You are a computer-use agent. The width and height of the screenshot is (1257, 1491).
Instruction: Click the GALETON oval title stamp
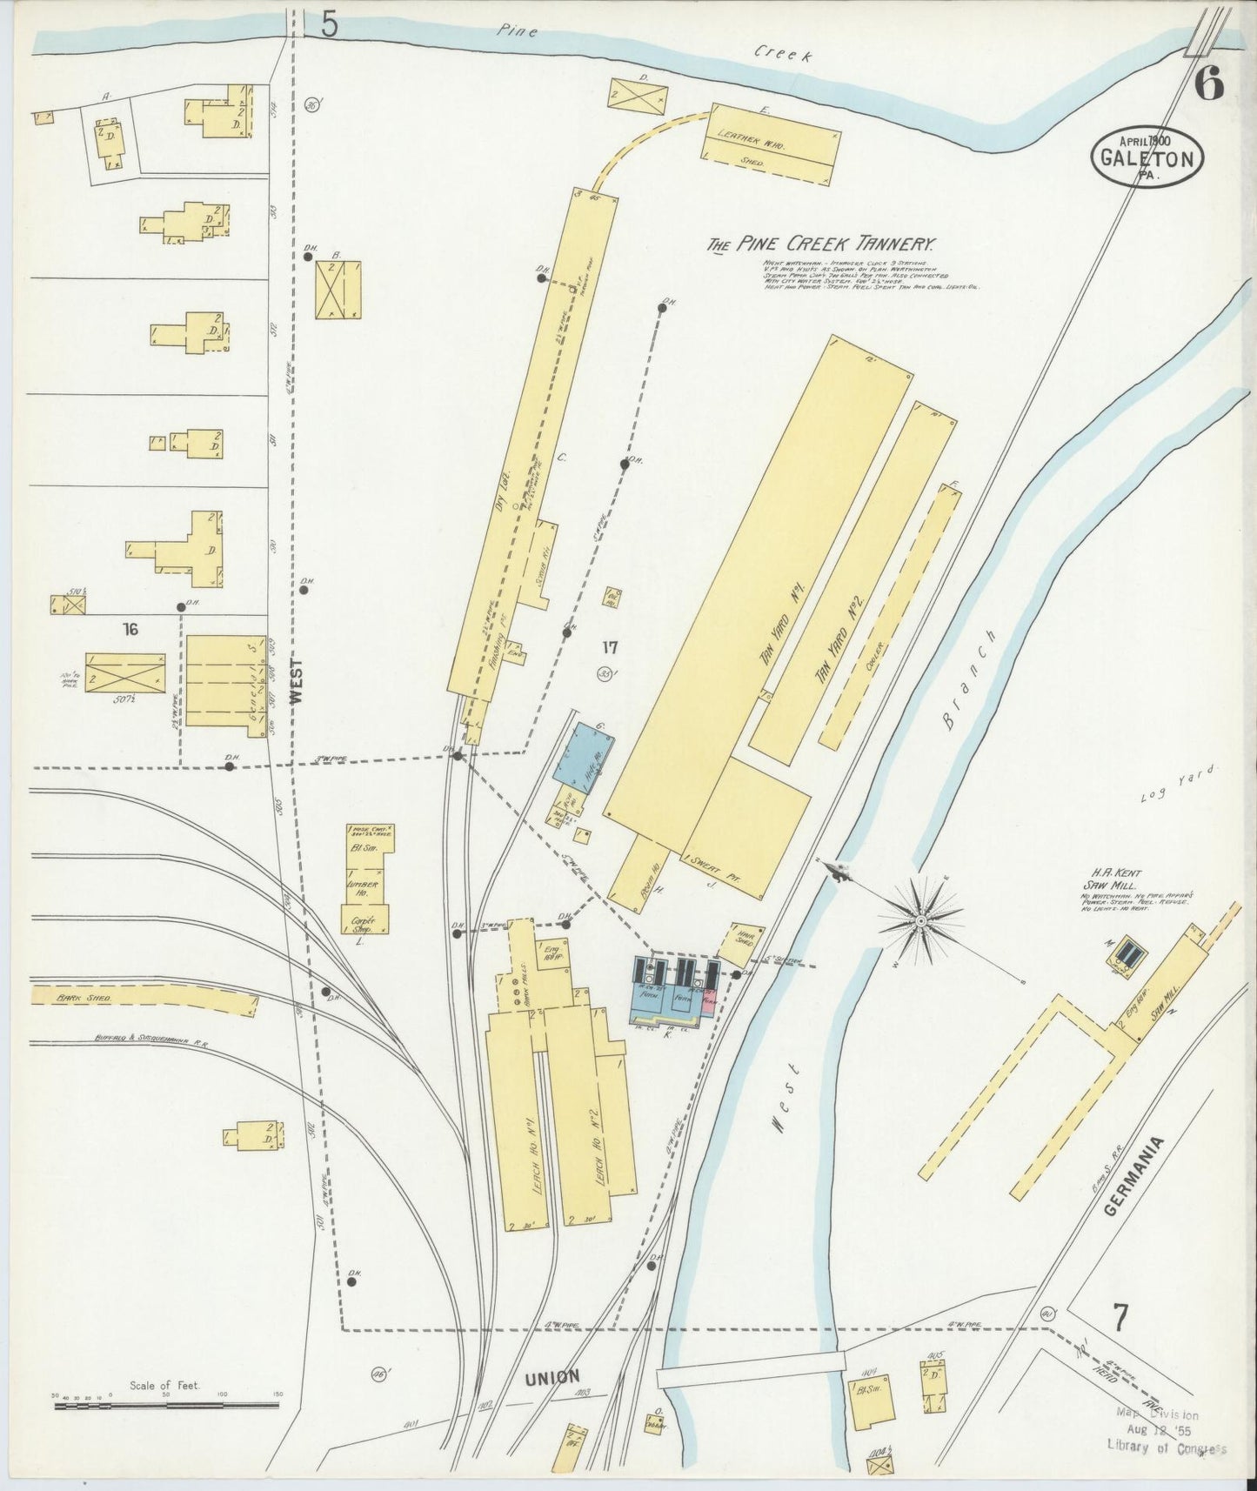(1148, 157)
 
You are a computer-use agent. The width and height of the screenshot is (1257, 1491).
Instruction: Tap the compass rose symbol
(920, 919)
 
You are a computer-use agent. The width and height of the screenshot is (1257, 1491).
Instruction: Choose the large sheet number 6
(1209, 83)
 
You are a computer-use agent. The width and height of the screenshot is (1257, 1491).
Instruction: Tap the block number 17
(609, 647)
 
